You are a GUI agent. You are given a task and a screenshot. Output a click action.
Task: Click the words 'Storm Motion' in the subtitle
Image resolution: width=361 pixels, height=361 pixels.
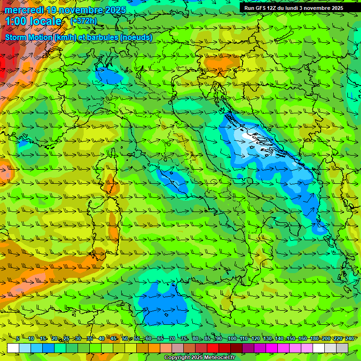pyautogui.click(x=28, y=37)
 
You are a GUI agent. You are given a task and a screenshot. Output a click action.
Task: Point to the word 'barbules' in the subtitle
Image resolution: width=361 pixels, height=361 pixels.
pyautogui.click(x=105, y=37)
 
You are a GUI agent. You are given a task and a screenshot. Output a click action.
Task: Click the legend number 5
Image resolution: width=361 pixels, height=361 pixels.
pyautogui.click(x=18, y=338)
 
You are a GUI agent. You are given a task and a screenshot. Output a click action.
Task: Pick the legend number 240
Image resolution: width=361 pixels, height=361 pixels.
pyautogui.click(x=349, y=338)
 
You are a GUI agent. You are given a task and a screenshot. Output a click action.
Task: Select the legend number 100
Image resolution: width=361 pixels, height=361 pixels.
pyautogui.click(x=232, y=338)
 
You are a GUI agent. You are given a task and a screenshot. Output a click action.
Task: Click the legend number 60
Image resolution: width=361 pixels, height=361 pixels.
pyautogui.click(x=149, y=338)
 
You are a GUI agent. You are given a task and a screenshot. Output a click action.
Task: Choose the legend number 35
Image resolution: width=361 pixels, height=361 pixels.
pyautogui.click(x=89, y=338)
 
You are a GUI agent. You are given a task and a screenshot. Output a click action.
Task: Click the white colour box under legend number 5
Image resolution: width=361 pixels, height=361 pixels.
pyautogui.click(x=13, y=348)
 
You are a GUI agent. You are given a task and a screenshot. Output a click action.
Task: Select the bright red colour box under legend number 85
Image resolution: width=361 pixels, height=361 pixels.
pyautogui.click(x=213, y=348)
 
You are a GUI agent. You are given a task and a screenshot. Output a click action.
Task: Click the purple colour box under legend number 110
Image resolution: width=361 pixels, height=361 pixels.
pyautogui.click(x=248, y=348)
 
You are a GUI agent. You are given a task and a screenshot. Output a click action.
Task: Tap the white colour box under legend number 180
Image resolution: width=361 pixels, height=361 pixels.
pyautogui.click(x=319, y=348)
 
